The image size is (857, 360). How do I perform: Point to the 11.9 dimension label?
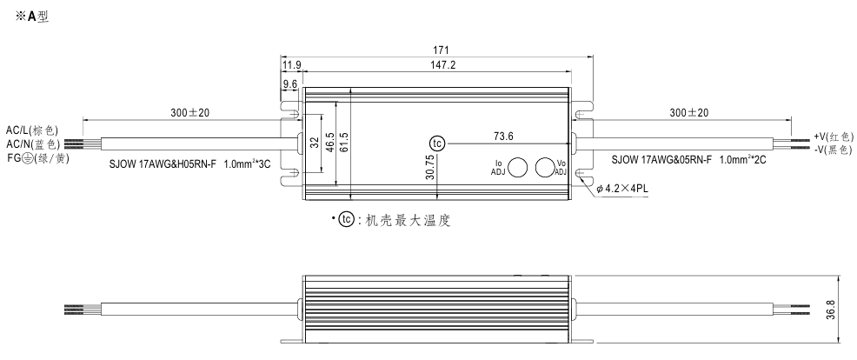tap(291, 65)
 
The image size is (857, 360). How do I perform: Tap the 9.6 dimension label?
tap(290, 84)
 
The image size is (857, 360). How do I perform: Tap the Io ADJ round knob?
tap(518, 167)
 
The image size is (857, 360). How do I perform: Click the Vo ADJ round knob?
tap(546, 167)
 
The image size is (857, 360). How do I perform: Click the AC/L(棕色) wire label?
tap(33, 130)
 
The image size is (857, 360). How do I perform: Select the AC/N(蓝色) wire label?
tap(33, 143)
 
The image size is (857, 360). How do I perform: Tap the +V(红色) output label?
tap(834, 136)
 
